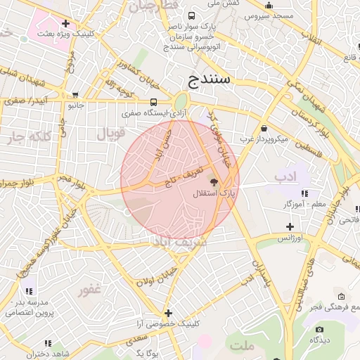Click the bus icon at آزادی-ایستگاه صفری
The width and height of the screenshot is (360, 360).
point(154,101)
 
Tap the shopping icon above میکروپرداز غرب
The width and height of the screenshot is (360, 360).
point(264,129)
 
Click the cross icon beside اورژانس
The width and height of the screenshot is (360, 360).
point(290,226)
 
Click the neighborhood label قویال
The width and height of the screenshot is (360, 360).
point(111,133)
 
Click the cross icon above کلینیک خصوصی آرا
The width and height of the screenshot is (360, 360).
point(168,313)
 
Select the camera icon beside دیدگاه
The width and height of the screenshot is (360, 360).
point(320,329)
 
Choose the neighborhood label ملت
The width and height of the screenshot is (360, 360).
point(242,347)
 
